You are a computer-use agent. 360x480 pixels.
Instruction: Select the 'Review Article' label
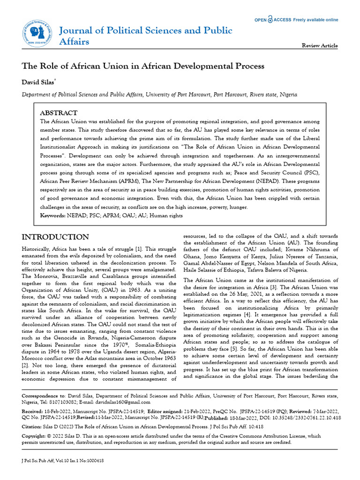320,45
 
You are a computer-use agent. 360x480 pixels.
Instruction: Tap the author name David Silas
38,82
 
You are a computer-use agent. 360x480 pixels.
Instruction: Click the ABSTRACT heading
59,113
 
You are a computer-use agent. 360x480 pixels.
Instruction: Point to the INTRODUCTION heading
55,237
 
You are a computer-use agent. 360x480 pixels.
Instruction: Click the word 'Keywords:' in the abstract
52,215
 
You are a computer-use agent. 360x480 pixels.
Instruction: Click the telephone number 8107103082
74,402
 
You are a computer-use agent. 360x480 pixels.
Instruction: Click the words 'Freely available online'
315,20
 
